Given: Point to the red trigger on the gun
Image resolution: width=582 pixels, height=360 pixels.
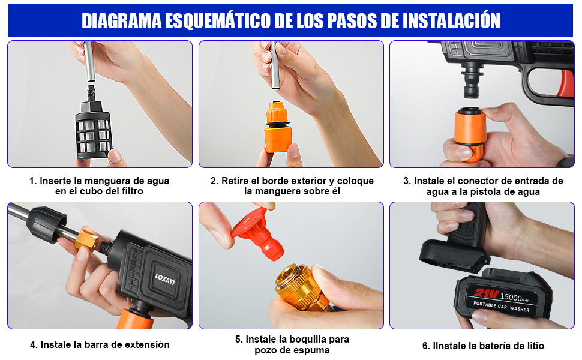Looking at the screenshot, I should pyautogui.click(x=565, y=84).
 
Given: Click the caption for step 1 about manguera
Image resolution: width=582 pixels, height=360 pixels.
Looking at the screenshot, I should pyautogui.click(x=100, y=186).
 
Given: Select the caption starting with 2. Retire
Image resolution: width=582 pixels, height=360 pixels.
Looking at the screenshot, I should pyautogui.click(x=292, y=186).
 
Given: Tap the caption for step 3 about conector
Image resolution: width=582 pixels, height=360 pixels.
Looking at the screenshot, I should pyautogui.click(x=482, y=186).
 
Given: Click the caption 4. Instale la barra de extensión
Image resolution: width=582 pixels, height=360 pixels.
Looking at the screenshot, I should pyautogui.click(x=100, y=345).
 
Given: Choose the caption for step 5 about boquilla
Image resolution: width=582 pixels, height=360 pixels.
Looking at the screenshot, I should pyautogui.click(x=292, y=344).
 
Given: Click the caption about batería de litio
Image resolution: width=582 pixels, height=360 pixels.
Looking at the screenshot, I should pyautogui.click(x=482, y=346).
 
